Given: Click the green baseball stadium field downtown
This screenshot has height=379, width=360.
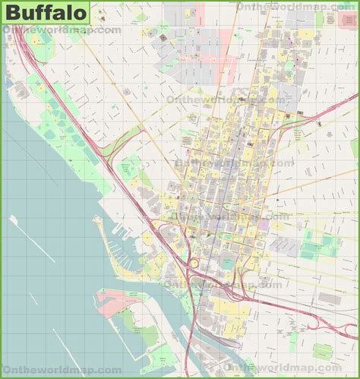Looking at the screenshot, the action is (x=226, y=263).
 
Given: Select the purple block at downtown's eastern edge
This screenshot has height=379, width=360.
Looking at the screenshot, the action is (x=264, y=225).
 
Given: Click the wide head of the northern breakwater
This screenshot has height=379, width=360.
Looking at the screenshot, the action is (x=13, y=220).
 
